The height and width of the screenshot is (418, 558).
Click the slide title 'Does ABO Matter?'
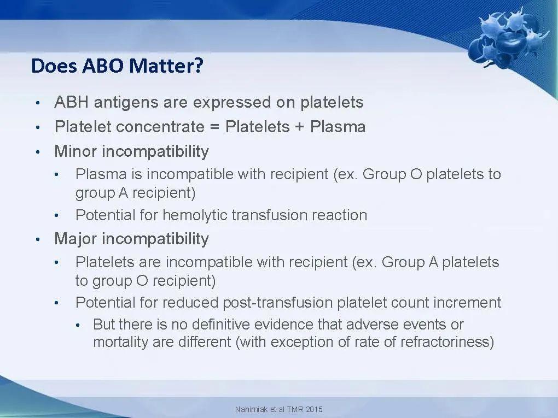(117, 66)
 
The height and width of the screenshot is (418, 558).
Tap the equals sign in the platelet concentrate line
(214, 127)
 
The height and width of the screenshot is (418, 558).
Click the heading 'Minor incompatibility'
(131, 151)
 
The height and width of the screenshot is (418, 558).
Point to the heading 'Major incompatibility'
(131, 239)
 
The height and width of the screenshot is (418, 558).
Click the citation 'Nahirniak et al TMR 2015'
(278, 409)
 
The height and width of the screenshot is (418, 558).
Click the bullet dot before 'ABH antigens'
(37, 103)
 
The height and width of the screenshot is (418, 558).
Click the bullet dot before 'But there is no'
(78, 325)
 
